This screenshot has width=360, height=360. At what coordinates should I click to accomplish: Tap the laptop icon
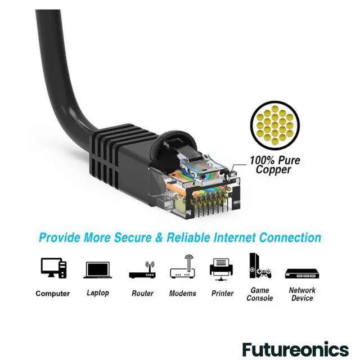click(97, 271)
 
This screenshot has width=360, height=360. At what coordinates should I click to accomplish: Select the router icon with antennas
click(142, 271)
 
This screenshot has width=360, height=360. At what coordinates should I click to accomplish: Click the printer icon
click(221, 268)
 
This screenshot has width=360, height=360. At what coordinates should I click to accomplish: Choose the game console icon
click(259, 266)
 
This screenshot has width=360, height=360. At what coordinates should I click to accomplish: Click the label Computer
click(53, 294)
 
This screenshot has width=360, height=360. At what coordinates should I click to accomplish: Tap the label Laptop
click(98, 293)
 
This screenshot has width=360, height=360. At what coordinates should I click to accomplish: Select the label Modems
click(183, 294)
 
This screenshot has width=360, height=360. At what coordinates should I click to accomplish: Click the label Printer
click(222, 294)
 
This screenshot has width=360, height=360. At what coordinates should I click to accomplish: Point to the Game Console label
click(259, 294)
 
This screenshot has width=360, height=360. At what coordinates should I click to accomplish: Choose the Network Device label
click(302, 294)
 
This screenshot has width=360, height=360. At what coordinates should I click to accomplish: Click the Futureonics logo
click(295, 349)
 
